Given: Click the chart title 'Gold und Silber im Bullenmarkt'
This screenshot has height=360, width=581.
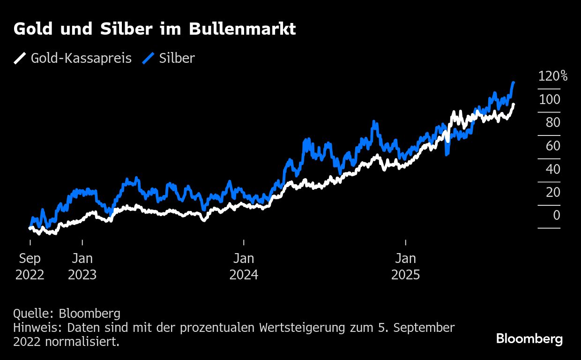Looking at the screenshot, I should tap(155, 30).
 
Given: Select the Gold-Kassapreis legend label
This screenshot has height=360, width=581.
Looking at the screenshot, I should tap(81, 59).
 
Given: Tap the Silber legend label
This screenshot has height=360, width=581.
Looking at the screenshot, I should tap(177, 59).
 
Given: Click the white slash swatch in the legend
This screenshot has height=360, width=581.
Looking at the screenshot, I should tap(20, 59).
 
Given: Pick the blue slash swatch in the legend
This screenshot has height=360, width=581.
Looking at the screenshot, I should tap(149, 59).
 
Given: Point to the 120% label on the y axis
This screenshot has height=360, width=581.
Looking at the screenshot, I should tap(552, 76).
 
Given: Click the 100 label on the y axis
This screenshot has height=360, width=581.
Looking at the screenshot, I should tap(549, 99).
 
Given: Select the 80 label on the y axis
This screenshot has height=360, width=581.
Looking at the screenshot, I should tap(553, 122).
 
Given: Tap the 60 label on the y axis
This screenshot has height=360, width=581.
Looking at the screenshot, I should tap(553, 146).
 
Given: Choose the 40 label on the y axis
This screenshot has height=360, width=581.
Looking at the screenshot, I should tap(553, 169).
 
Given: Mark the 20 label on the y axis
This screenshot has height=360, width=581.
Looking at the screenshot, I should tap(553, 192).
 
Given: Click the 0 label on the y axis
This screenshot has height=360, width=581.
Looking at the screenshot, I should tap(557, 215).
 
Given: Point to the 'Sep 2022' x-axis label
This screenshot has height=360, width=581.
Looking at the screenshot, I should tap(30, 266).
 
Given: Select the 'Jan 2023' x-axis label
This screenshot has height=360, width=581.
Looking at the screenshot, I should tap(82, 266).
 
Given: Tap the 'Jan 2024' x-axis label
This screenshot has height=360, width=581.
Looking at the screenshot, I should tap(244, 266).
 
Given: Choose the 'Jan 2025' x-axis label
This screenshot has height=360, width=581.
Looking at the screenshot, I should tap(406, 266).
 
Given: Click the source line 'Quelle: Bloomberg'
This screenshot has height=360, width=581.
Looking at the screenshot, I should tap(67, 314).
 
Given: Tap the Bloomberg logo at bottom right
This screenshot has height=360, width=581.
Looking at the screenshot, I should tap(529, 339).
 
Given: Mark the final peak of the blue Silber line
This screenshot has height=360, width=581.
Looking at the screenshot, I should tap(514, 82).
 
